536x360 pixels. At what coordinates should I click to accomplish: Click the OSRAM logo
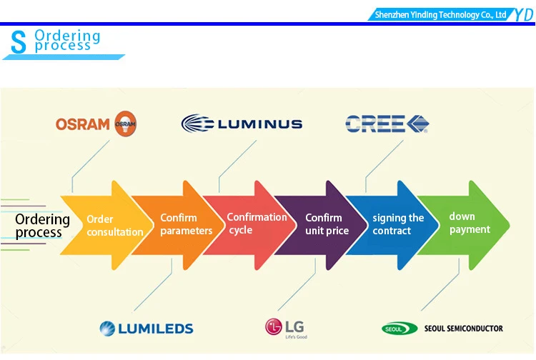(96, 124)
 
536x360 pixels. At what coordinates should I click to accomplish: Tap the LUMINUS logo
(242, 124)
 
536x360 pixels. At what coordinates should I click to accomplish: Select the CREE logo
(387, 124)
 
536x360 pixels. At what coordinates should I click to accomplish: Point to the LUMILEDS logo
(147, 329)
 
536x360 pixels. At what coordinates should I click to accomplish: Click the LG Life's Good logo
(286, 328)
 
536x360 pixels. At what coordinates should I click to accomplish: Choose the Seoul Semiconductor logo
(442, 329)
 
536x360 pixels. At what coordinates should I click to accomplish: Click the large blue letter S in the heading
(19, 43)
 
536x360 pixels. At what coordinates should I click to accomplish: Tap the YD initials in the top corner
(521, 14)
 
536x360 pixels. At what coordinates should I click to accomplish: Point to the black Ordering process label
(42, 226)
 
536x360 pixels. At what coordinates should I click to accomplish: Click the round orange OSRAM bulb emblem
(125, 124)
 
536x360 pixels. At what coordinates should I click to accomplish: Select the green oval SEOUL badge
(399, 329)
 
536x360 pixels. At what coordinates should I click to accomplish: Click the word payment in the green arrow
(470, 229)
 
